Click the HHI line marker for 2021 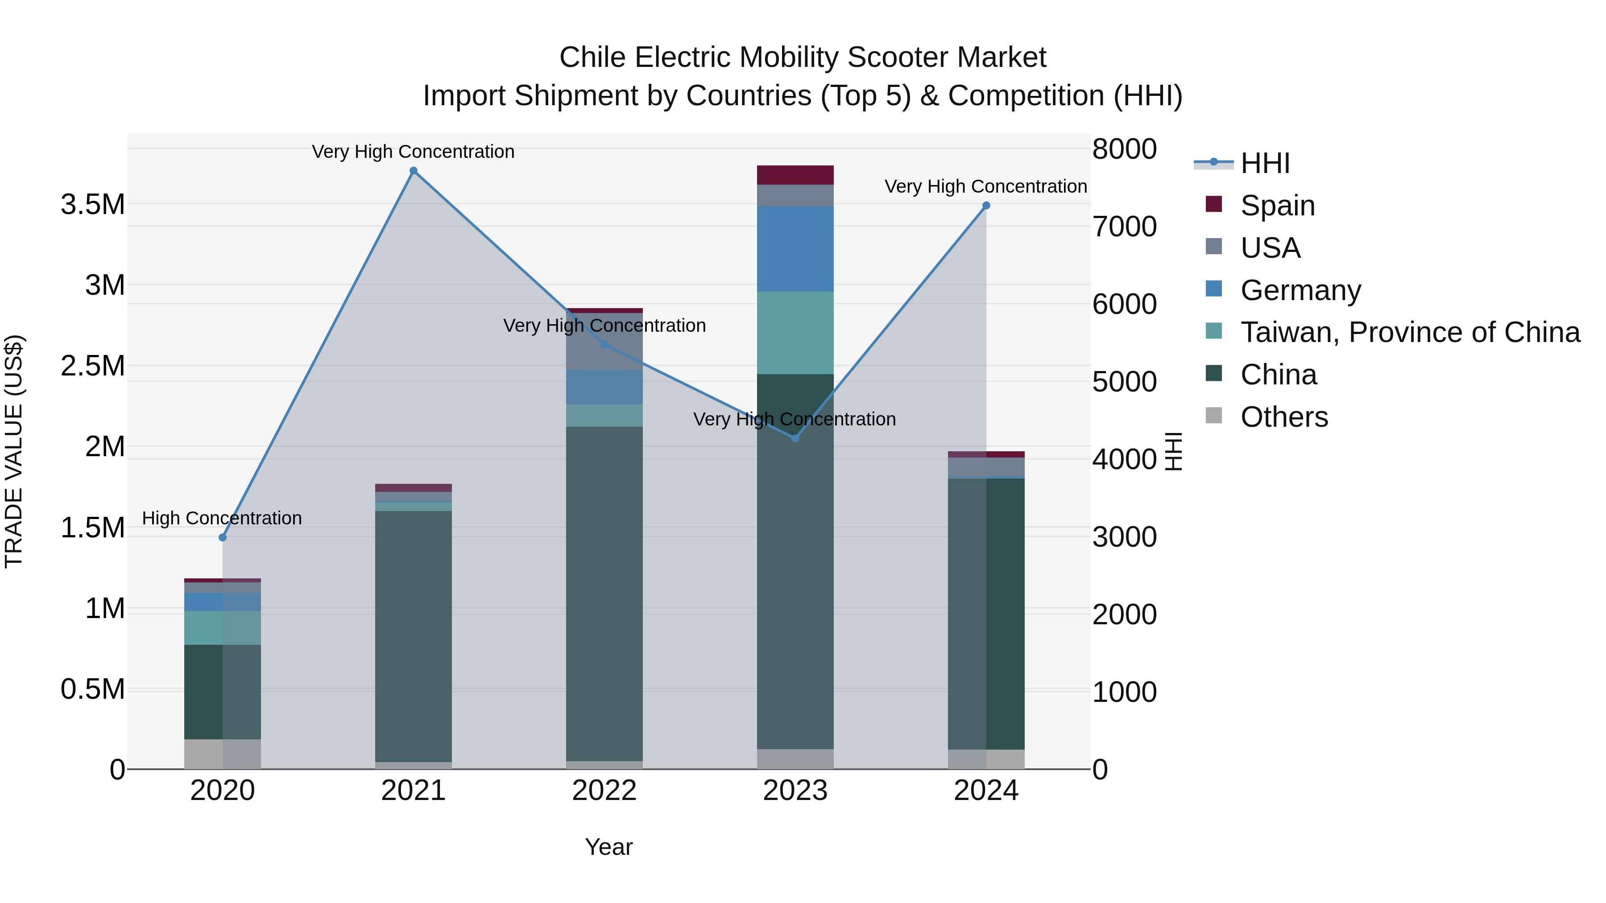pyautogui.click(x=414, y=171)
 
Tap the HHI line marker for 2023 pyautogui.click(x=795, y=439)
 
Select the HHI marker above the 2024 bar pyautogui.click(x=985, y=206)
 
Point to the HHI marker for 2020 pyautogui.click(x=223, y=537)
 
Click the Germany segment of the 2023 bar pyautogui.click(x=795, y=249)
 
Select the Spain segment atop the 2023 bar pyautogui.click(x=795, y=175)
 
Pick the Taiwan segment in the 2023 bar pyautogui.click(x=795, y=333)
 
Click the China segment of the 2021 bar pyautogui.click(x=414, y=635)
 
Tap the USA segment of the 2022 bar pyautogui.click(x=604, y=349)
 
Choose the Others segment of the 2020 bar pyautogui.click(x=223, y=754)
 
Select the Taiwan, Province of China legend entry pyautogui.click(x=1409, y=332)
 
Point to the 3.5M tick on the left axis pyautogui.click(x=92, y=204)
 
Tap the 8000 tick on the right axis pyautogui.click(x=1124, y=149)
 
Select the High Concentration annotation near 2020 pyautogui.click(x=222, y=519)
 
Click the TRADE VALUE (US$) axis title pyautogui.click(x=14, y=451)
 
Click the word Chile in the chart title pyautogui.click(x=592, y=58)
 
